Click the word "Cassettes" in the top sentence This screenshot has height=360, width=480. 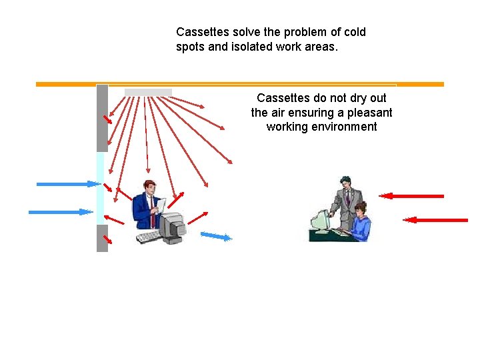[199, 32]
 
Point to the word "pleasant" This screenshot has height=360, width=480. [367, 113]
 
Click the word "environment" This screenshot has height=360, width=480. [321, 127]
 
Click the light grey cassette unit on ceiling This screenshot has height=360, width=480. [148, 92]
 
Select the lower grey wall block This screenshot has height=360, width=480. [102, 238]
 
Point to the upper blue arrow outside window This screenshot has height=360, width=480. [67, 183]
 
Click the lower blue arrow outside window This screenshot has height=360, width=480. [60, 212]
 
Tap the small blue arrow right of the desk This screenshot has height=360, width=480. [216, 235]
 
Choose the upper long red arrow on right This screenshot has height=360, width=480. [411, 196]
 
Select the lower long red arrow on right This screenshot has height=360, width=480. [436, 219]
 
